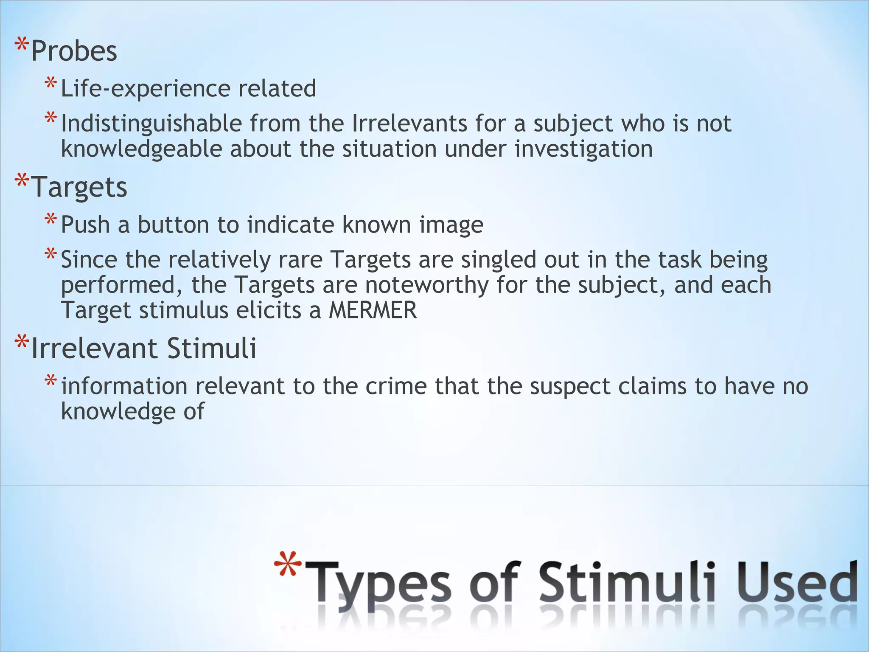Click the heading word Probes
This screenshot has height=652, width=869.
[74, 51]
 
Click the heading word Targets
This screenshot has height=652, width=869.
[79, 187]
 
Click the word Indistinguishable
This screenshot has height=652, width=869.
[151, 124]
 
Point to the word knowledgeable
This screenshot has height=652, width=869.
[142, 149]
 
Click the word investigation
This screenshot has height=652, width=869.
[584, 149]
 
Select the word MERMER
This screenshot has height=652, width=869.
[373, 310]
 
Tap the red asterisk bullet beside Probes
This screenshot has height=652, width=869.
[22, 45]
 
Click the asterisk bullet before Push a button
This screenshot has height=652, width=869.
[50, 219]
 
